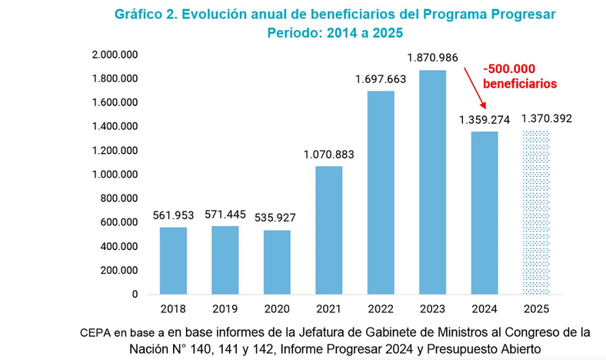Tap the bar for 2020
click(x=277, y=262)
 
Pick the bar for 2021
click(x=329, y=230)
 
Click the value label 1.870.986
click(x=433, y=58)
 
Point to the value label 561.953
click(x=173, y=215)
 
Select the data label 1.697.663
click(x=381, y=78)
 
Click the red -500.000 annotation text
click(x=509, y=67)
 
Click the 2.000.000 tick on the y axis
click(x=114, y=55)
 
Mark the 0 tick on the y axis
click(x=135, y=294)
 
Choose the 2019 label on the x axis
click(x=225, y=310)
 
